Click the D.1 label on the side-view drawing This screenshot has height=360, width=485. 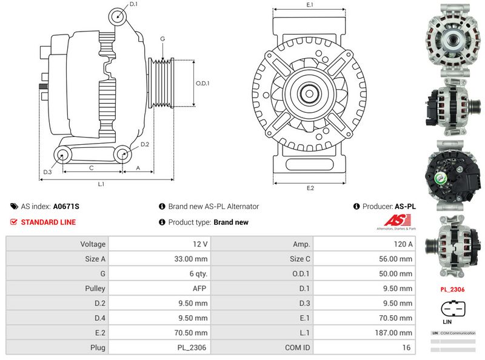pyautogui.click(x=133, y=4)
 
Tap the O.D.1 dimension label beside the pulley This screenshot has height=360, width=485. pyautogui.click(x=202, y=83)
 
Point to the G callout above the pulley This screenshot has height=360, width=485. pyautogui.click(x=162, y=39)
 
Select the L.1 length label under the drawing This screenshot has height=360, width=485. pyautogui.click(x=101, y=184)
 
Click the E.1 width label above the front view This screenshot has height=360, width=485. pyautogui.click(x=310, y=5)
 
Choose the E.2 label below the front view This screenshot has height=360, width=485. pyautogui.click(x=310, y=188)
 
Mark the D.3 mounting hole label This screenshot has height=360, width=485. pyautogui.click(x=47, y=172)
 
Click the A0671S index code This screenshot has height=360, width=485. pyautogui.click(x=66, y=207)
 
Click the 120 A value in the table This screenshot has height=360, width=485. pyautogui.click(x=402, y=244)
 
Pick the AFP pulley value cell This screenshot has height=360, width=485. pyautogui.click(x=200, y=288)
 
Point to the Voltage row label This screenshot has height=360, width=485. pyautogui.click(x=93, y=244)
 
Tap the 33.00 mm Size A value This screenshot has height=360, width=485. pyautogui.click(x=193, y=259)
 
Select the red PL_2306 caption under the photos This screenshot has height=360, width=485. pyautogui.click(x=452, y=290)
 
